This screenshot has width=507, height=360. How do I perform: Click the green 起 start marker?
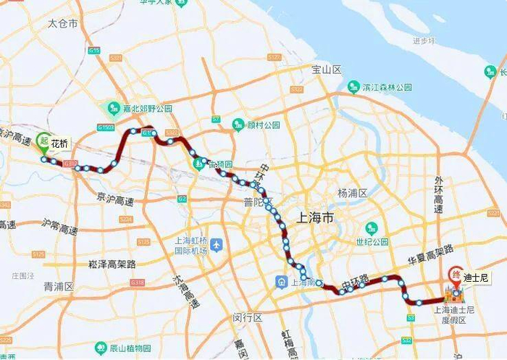(x=44, y=141)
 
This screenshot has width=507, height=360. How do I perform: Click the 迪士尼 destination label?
(x=477, y=277)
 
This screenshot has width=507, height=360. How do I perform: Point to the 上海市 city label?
(x=317, y=217)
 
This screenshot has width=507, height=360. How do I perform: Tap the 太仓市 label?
(x=62, y=24)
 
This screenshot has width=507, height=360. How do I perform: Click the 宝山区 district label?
(x=326, y=70)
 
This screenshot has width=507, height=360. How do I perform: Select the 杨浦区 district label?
(x=353, y=193)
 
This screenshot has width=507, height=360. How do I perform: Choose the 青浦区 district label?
(x=59, y=287)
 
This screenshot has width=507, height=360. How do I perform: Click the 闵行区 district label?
(x=247, y=318)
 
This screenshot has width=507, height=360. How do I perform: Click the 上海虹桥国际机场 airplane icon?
(x=217, y=242)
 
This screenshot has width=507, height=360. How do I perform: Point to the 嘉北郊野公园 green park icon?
(x=114, y=108)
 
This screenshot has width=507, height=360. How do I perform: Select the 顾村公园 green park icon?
(x=238, y=125)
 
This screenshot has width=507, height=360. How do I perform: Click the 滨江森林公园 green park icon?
(x=353, y=87)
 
